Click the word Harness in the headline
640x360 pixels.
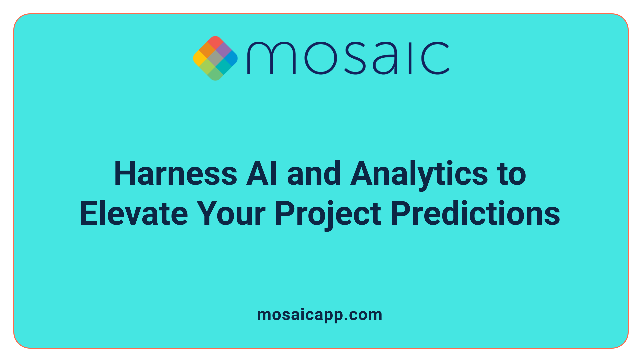175,174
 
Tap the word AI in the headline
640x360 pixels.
262,174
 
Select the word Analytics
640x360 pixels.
419,174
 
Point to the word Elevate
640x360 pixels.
134,214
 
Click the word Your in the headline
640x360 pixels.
231,214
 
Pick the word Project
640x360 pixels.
328,214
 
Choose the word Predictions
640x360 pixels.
475,214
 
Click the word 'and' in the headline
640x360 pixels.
314,174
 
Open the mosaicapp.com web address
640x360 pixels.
320,315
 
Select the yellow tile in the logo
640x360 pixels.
200,58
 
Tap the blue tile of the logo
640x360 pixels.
231,58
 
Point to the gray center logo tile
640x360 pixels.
215,58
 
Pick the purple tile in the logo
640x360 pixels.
223,50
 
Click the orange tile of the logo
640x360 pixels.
207,50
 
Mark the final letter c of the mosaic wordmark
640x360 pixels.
435,58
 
